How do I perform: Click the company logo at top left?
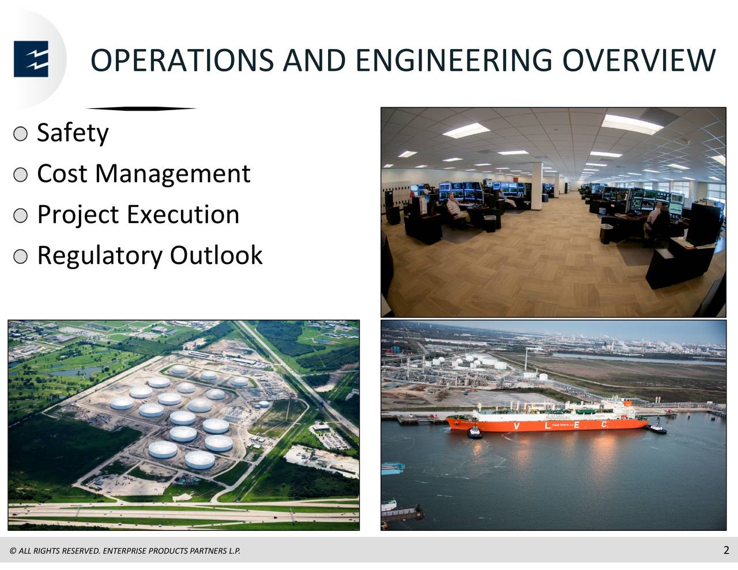(31, 59)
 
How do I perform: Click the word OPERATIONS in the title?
(182, 61)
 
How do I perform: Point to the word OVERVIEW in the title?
(639, 61)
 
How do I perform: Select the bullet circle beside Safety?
(20, 134)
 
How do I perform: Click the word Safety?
(73, 133)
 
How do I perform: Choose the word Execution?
(183, 214)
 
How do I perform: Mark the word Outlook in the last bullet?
(216, 255)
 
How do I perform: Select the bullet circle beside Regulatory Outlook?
(20, 256)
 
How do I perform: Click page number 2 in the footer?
(726, 550)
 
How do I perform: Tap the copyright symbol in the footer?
(13, 551)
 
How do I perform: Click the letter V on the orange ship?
(517, 426)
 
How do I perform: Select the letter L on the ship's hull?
(547, 425)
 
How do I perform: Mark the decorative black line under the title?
(141, 108)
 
